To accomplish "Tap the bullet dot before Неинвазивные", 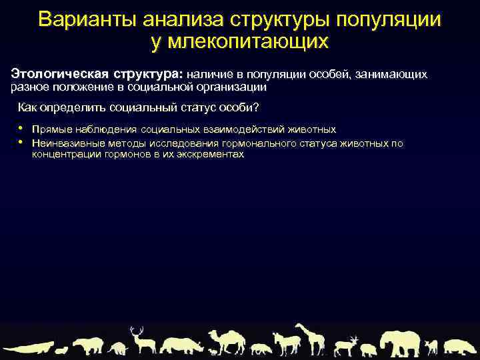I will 21,141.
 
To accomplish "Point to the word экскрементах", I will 213,155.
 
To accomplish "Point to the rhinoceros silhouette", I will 181,345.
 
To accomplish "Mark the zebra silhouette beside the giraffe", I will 285,343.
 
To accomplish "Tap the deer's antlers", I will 137,331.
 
